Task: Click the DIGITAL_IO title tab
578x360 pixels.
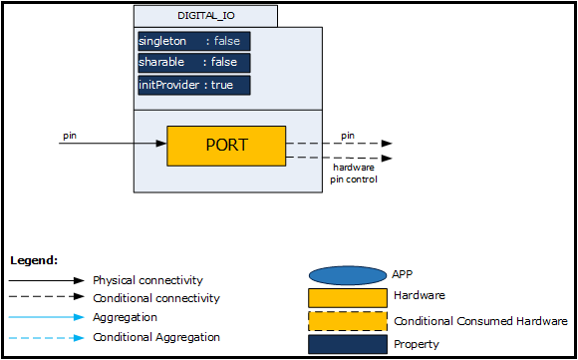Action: (x=205, y=16)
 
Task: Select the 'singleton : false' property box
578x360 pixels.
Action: (x=194, y=41)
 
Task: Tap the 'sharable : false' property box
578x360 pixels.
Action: (x=194, y=63)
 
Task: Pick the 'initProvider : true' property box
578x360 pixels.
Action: (x=194, y=85)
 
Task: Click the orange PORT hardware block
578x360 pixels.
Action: (x=226, y=146)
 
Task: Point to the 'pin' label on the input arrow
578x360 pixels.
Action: (x=70, y=136)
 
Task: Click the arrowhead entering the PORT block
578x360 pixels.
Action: (x=161, y=144)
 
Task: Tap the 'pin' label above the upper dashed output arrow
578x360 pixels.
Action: (x=348, y=136)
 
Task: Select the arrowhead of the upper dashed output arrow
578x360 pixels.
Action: (x=387, y=144)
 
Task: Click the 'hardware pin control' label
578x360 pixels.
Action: (x=354, y=174)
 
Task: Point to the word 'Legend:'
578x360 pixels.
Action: (x=34, y=260)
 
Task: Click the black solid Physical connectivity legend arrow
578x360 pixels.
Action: (x=47, y=280)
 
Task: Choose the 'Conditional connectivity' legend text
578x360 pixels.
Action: (x=156, y=298)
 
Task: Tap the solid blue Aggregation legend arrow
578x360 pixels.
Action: (x=47, y=317)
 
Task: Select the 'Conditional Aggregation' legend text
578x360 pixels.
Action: (x=156, y=337)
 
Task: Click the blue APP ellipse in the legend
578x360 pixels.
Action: (x=348, y=275)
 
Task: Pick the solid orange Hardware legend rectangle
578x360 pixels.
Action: (x=348, y=298)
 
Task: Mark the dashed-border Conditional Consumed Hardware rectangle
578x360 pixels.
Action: (x=348, y=321)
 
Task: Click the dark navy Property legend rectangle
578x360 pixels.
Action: (x=348, y=344)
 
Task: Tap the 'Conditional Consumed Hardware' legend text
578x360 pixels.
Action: (x=480, y=321)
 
